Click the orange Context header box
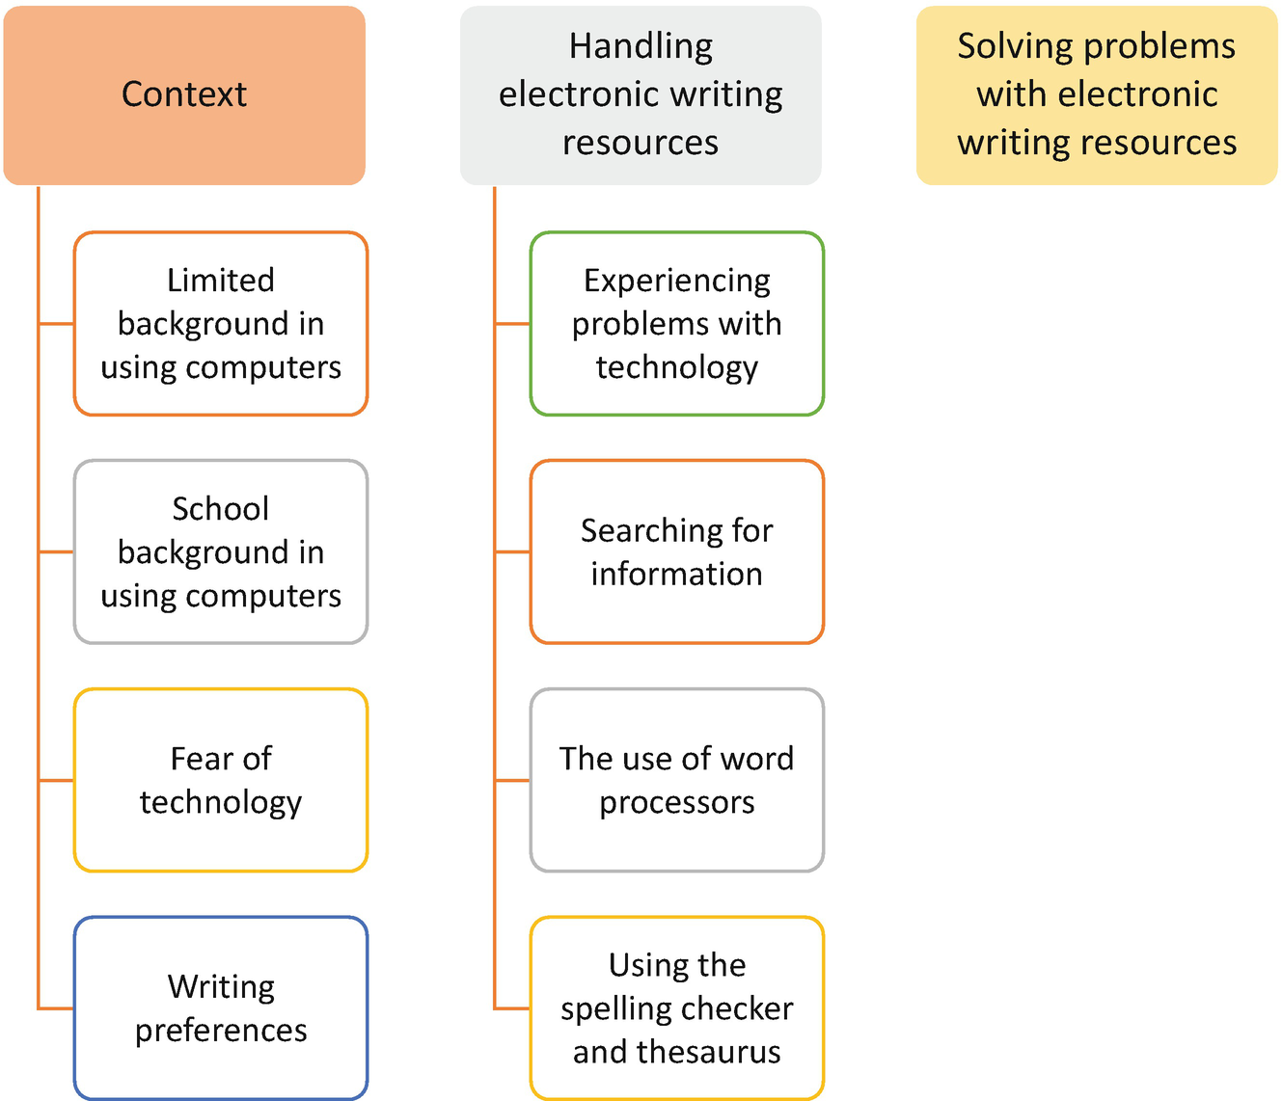(x=184, y=95)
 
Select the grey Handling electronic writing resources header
(x=641, y=95)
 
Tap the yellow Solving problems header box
(x=1097, y=95)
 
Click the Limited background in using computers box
(x=221, y=324)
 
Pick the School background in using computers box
(x=221, y=551)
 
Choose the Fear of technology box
(x=221, y=780)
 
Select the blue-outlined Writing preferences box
(x=221, y=1007)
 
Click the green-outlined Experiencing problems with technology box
(x=677, y=324)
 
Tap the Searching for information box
(x=677, y=551)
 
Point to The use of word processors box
(x=677, y=780)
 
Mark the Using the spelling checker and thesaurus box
(x=677, y=1007)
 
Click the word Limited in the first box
(x=221, y=281)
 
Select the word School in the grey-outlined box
(x=221, y=508)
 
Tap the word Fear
(x=200, y=759)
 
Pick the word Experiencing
(x=677, y=281)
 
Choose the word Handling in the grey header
(x=641, y=46)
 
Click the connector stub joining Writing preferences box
(x=56, y=1008)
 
